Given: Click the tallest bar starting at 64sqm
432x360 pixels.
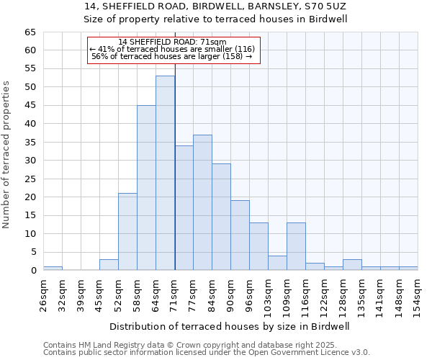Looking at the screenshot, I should pyautogui.click(x=165, y=173).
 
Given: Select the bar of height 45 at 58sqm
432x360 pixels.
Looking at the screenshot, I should pyautogui.click(x=146, y=187).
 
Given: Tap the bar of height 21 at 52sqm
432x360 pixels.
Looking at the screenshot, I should pyautogui.click(x=127, y=231).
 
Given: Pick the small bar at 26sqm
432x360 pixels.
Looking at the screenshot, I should pyautogui.click(x=53, y=268).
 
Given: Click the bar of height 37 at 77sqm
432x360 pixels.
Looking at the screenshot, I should pyautogui.click(x=202, y=202).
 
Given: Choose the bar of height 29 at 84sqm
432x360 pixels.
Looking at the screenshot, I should pyautogui.click(x=221, y=217).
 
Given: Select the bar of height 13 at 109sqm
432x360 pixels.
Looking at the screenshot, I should pyautogui.click(x=296, y=246).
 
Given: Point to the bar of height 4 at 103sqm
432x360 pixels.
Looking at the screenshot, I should pyautogui.click(x=277, y=263).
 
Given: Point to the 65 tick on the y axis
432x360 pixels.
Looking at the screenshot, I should pyautogui.click(x=30, y=32).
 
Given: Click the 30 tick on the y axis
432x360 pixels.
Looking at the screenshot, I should pyautogui.click(x=30, y=161).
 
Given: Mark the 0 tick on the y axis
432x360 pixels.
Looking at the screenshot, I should pyautogui.click(x=32, y=271).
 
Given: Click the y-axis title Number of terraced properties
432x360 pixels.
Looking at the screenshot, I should pyautogui.click(x=6, y=154).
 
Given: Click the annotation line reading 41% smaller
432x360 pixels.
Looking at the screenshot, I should pyautogui.click(x=172, y=49).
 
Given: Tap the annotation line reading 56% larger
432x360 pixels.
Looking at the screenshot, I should pyautogui.click(x=172, y=56).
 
